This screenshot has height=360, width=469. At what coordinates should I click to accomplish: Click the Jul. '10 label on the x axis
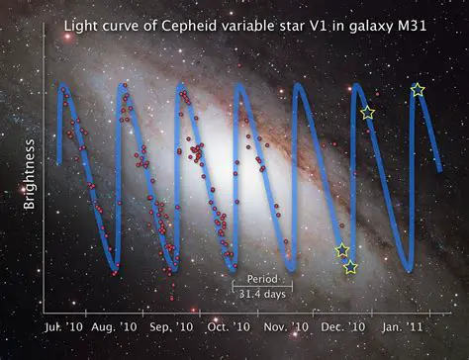click(x=63, y=325)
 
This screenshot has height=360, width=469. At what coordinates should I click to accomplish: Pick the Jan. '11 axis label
click(x=406, y=325)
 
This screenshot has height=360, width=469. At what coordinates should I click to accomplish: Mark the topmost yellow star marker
click(x=419, y=90)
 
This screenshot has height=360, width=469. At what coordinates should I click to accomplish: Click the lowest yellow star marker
click(x=350, y=267)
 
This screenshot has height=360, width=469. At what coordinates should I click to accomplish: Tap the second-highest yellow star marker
click(x=368, y=113)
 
